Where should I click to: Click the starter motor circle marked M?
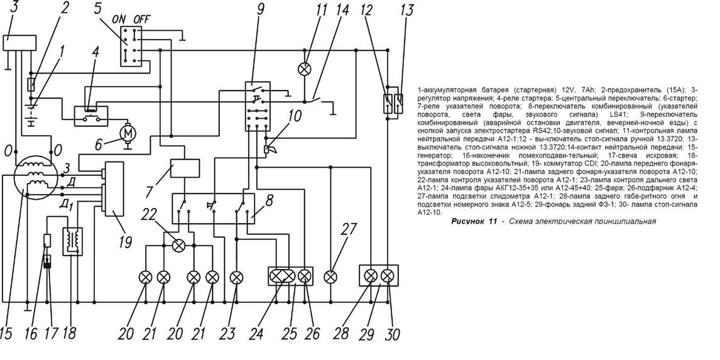pyautogui.click(x=128, y=132)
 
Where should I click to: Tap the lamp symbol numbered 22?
pyautogui.click(x=179, y=245)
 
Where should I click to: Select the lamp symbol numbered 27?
pyautogui.click(x=330, y=276)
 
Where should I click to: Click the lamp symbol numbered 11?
pyautogui.click(x=305, y=68)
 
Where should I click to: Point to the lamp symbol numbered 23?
pyautogui.click(x=236, y=276)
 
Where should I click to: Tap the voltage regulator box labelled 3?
pyautogui.click(x=18, y=43)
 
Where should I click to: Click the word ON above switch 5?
pyautogui.click(x=119, y=19)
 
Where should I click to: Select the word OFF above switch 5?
pyautogui.click(x=142, y=19)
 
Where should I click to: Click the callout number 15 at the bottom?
pyautogui.click(x=6, y=333)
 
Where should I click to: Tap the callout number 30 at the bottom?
pyautogui.click(x=392, y=333)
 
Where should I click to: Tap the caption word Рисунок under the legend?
pyautogui.click(x=466, y=221)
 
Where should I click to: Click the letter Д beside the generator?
pyautogui.click(x=74, y=182)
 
